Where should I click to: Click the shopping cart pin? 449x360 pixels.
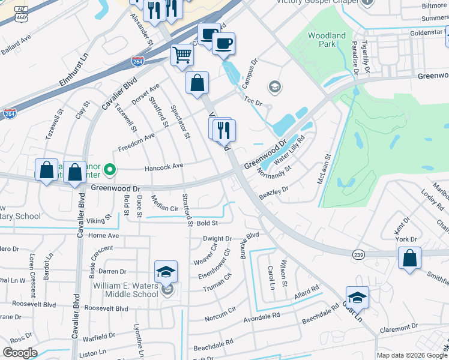182,55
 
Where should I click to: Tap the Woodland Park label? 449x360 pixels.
327,40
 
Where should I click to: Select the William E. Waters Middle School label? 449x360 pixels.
125,290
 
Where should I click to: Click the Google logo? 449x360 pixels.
20,352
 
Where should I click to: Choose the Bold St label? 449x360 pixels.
206,223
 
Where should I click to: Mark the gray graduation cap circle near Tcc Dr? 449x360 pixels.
275,88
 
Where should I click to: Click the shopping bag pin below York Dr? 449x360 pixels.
409,259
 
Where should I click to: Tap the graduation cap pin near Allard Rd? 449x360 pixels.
357,298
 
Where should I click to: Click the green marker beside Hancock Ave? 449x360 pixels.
109,171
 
